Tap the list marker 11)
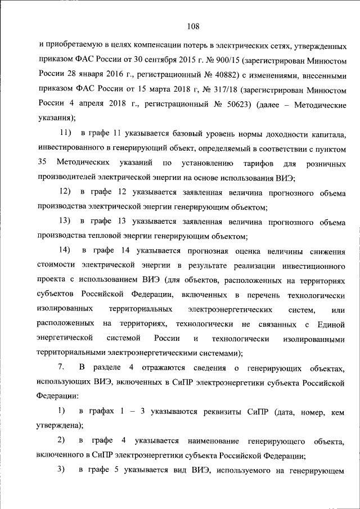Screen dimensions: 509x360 [66, 133]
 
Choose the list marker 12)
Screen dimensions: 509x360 [66, 193]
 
